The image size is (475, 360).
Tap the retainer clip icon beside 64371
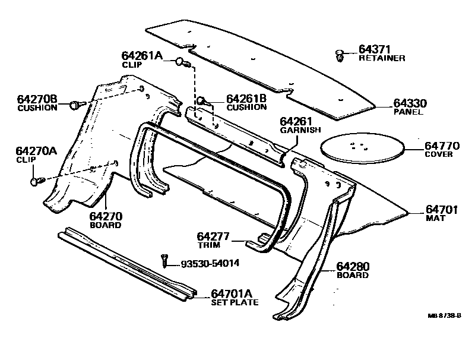(x=340, y=55)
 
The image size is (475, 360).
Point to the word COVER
(x=439, y=154)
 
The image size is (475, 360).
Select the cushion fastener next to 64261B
(x=202, y=101)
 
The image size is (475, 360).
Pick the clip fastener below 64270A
(x=34, y=180)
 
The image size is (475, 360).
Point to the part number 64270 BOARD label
(x=106, y=217)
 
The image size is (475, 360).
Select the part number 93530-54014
(x=210, y=263)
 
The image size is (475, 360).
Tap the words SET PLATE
(x=235, y=302)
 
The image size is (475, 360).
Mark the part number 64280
(x=353, y=266)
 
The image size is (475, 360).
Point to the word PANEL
(x=408, y=112)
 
